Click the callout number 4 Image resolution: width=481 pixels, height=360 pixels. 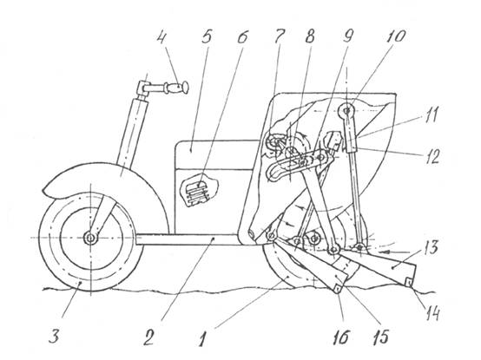click(161, 37)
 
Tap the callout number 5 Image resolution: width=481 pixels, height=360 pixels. click(206, 36)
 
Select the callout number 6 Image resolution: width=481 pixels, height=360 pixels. click(242, 36)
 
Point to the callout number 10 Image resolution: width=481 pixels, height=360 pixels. click(395, 36)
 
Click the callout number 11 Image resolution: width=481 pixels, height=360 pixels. click(431, 115)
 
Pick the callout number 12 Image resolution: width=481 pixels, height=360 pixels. click(432, 156)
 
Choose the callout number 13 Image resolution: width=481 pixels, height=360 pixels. click(430, 247)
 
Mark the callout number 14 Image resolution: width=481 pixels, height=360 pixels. click(432, 314)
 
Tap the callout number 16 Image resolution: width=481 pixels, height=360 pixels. click(341, 337)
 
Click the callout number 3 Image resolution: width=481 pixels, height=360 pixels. click(54, 337)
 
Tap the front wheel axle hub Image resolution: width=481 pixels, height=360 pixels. click(91, 238)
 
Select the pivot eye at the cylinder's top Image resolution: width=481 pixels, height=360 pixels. click(346, 111)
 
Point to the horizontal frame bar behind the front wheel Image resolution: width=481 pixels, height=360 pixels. click(188, 239)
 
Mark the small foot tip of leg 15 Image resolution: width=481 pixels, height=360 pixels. click(338, 288)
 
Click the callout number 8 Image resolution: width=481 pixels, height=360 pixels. click(310, 36)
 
